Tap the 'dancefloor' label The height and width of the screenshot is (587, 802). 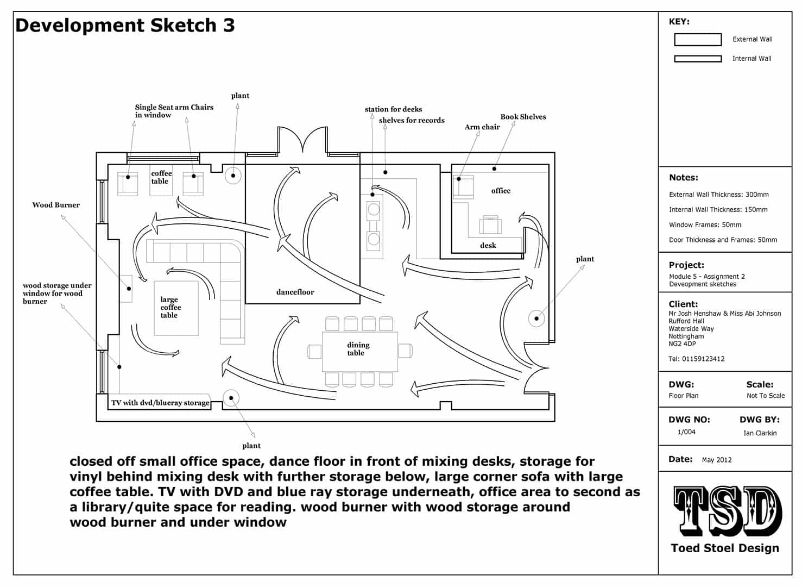(x=295, y=292)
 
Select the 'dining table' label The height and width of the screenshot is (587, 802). (x=358, y=349)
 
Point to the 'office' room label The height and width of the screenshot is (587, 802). (x=501, y=191)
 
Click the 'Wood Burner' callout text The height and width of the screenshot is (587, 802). (x=56, y=205)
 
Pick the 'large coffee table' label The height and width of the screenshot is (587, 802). (x=170, y=307)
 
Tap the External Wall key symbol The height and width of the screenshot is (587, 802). (x=698, y=40)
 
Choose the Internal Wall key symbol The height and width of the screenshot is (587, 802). (x=698, y=59)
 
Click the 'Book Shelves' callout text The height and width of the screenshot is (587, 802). (x=523, y=117)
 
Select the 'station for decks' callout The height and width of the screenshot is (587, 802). (x=393, y=109)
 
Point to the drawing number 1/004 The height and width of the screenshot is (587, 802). (x=686, y=432)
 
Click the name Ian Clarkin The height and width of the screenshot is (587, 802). (x=760, y=433)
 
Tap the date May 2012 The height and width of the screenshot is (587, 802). (x=717, y=460)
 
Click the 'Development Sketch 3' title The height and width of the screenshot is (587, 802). (x=125, y=26)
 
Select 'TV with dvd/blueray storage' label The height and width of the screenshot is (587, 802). (x=160, y=403)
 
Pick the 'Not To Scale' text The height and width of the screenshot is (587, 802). (x=766, y=396)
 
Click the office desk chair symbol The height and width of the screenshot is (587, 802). (x=490, y=224)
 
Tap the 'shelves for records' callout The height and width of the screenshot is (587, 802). (x=412, y=121)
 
